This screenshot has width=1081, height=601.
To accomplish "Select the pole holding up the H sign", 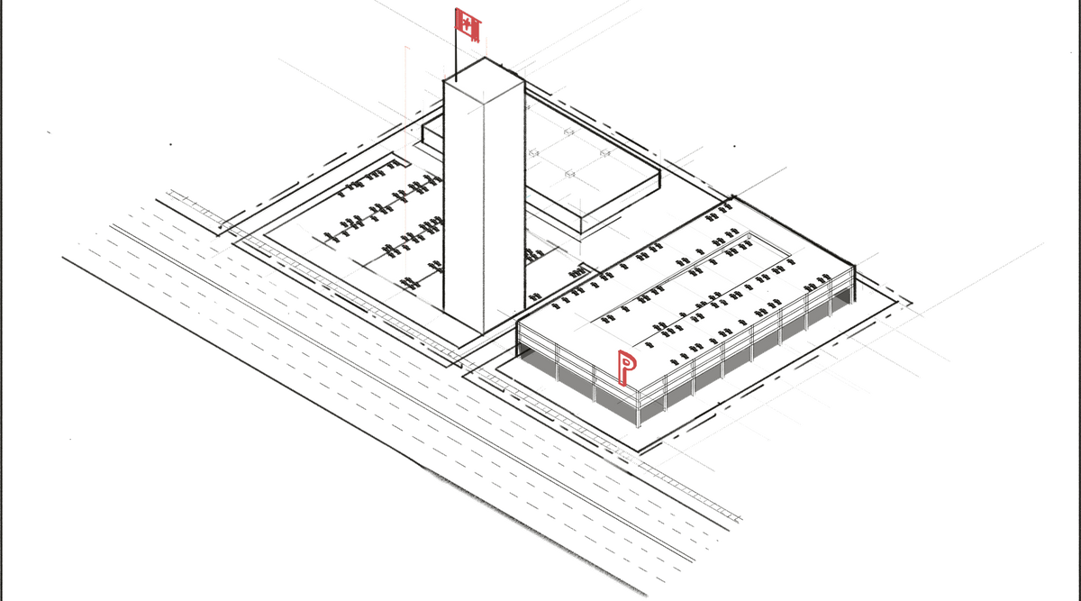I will (457, 59).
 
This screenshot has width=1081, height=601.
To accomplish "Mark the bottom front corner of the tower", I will (485, 332).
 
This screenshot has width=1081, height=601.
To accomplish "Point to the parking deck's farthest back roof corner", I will (736, 197).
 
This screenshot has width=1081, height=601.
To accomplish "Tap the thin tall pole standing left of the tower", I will (407, 162).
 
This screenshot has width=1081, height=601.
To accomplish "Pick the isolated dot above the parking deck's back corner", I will (735, 145).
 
